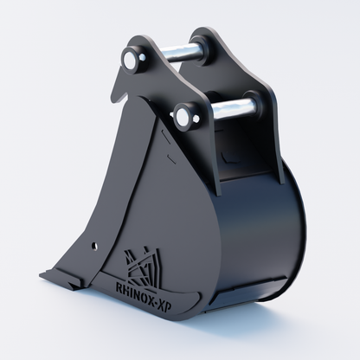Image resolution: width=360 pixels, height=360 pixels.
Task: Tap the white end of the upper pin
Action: pyautogui.click(x=129, y=60)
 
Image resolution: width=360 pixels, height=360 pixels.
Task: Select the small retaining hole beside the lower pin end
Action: pyautogui.click(x=196, y=118)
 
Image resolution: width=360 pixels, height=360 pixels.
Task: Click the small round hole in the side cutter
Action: pyautogui.click(x=94, y=246)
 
